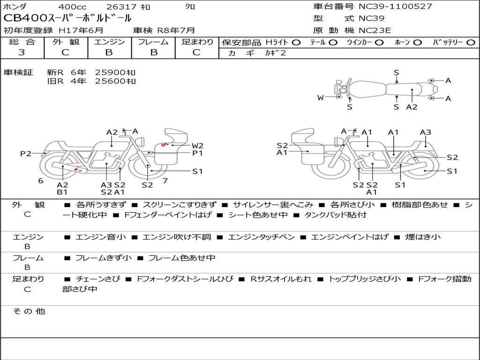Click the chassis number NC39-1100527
(x=395, y=7)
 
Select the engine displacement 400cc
(x=72, y=7)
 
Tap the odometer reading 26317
(x=121, y=7)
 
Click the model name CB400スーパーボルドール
(x=67, y=18)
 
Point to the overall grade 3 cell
(x=22, y=52)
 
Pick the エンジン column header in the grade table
(x=109, y=42)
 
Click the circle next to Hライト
(x=296, y=42)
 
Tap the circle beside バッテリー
(x=471, y=42)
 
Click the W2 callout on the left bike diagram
(x=197, y=145)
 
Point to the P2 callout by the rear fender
(x=26, y=153)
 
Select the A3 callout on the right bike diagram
(x=425, y=132)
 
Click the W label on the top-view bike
(x=321, y=97)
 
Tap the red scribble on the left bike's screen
(x=165, y=145)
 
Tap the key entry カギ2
(x=275, y=53)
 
